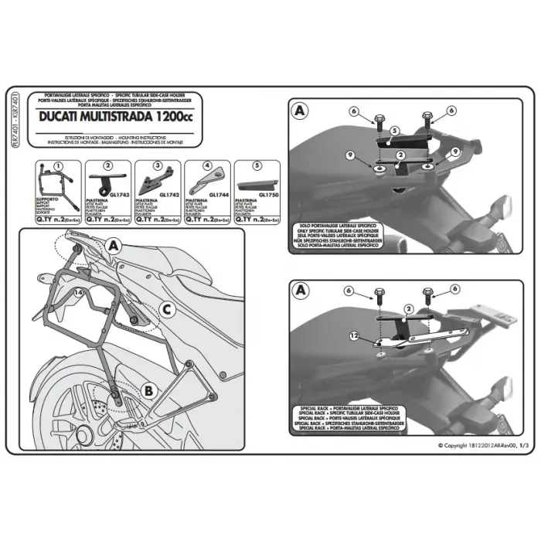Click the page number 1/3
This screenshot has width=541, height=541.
pos(523,446)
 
